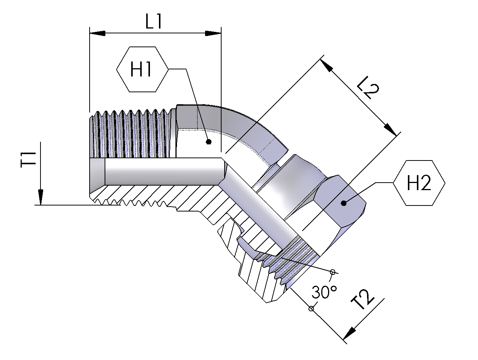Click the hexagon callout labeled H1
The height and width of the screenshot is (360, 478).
142,69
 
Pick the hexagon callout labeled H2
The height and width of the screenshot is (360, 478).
419,183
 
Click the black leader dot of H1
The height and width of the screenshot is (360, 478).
209,142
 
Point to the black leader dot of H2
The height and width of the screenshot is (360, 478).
343,203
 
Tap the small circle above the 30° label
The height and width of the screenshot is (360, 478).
332,271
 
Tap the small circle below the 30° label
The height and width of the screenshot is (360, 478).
311,308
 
